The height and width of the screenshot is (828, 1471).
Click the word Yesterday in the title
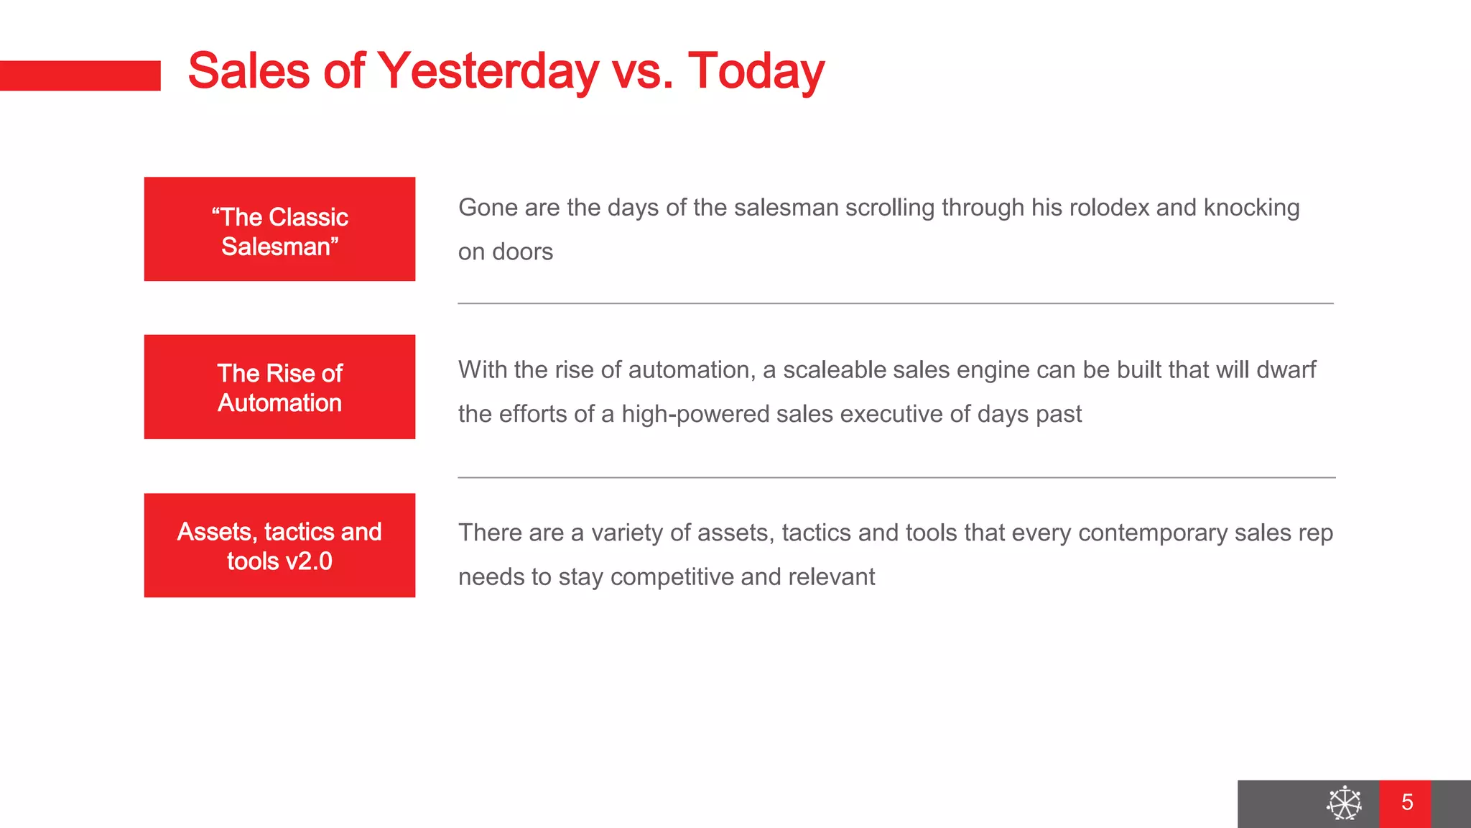coord(488,72)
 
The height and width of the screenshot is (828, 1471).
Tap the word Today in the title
coord(756,72)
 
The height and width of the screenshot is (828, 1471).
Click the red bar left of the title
coord(80,75)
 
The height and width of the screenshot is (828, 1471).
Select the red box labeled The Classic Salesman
coord(279,229)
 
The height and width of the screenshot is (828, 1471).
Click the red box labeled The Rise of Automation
coord(279,387)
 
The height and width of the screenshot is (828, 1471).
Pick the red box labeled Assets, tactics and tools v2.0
coord(279,545)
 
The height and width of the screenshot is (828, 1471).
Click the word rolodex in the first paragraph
coord(1109,208)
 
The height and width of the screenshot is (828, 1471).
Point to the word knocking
coord(1251,208)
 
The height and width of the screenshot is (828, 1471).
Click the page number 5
coord(1406,803)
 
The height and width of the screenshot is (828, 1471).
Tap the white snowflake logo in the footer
coord(1343,803)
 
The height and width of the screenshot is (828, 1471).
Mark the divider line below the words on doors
coord(895,303)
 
